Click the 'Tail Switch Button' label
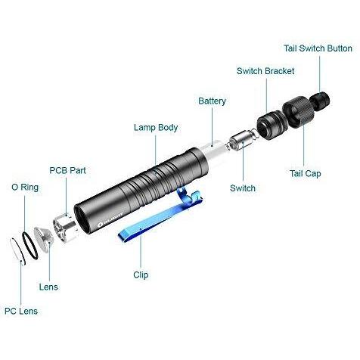point(318,48)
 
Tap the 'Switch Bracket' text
point(265,71)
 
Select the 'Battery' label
point(212,101)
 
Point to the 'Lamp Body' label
point(156,128)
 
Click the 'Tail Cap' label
point(305,173)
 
